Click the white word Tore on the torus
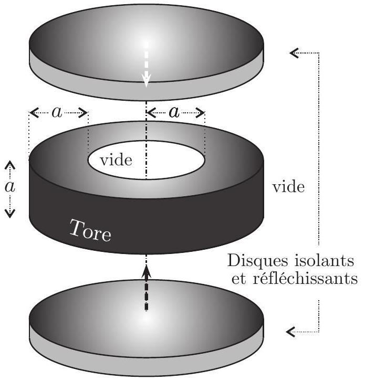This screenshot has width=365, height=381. coord(90,231)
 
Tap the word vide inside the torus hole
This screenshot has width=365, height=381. coord(116,160)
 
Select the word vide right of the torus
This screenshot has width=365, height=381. coord(288,187)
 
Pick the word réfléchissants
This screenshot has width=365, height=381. coord(305,279)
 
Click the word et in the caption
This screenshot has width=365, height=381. coord(238,279)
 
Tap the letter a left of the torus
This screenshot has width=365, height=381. coord(10,187)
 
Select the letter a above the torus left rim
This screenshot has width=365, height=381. coord(57,112)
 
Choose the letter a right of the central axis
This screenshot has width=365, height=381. coord(174,112)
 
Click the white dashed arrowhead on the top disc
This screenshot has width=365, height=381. coord(146,80)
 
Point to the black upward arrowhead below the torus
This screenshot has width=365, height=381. coord(147,271)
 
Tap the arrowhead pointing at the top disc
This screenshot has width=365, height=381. coord(294,52)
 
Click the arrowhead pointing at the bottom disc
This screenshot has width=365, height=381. coord(290,332)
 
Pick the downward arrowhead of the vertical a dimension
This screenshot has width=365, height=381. coord(10,213)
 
